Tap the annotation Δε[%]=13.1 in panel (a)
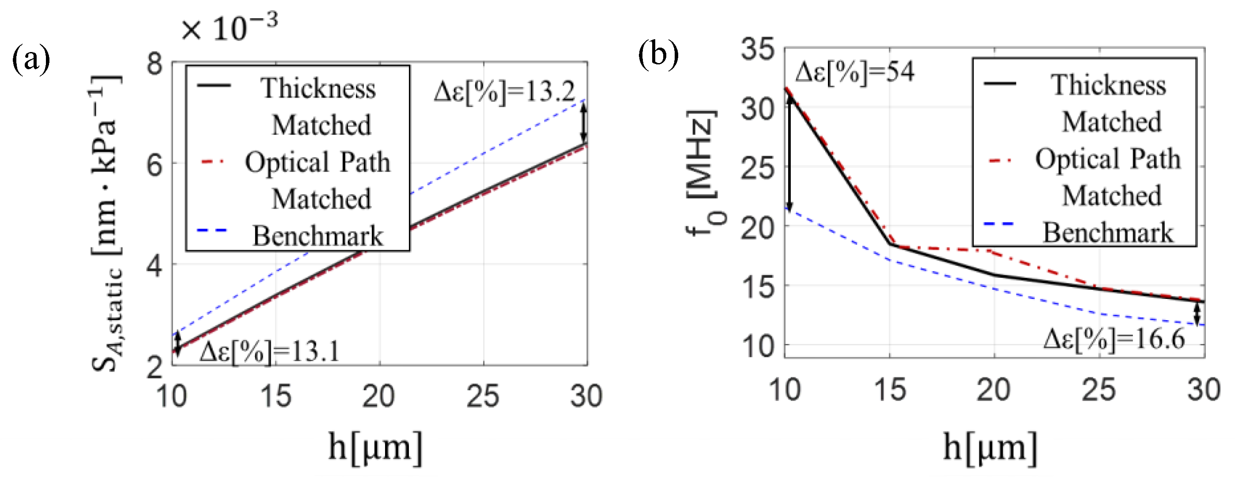(269, 352)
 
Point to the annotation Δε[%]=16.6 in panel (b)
(1114, 340)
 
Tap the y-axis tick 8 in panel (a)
(155, 63)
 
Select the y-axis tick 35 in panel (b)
(758, 49)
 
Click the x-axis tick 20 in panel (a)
(379, 396)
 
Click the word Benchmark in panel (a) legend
(318, 235)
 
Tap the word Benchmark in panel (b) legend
(1108, 233)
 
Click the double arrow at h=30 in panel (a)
(583, 122)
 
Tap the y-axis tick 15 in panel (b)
(758, 287)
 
